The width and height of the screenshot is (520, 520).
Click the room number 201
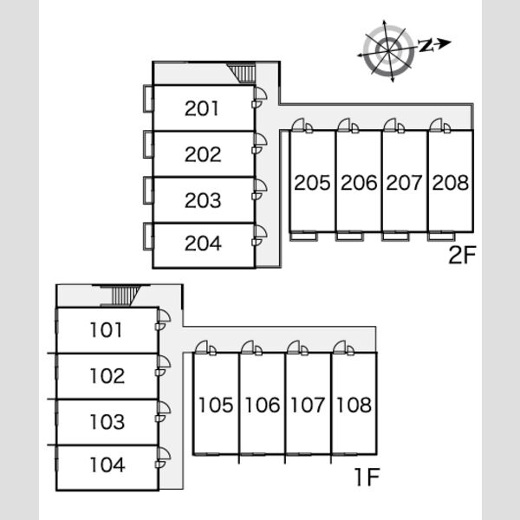pyautogui.click(x=202, y=108)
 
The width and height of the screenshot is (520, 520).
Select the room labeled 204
pyautogui.click(x=203, y=244)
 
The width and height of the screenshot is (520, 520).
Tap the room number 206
pyautogui.click(x=359, y=183)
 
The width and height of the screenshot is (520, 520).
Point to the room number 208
pyautogui.click(x=451, y=183)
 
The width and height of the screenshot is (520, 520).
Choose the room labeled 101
pyautogui.click(x=106, y=330)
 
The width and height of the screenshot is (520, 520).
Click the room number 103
pyautogui.click(x=107, y=422)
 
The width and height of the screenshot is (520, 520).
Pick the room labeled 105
pyautogui.click(x=216, y=405)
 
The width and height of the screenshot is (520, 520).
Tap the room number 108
pyautogui.click(x=354, y=405)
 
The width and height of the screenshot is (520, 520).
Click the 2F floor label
pyautogui.click(x=462, y=255)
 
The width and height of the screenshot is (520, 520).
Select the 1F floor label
pyautogui.click(x=367, y=477)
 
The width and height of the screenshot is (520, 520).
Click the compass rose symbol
pyautogui.click(x=388, y=51)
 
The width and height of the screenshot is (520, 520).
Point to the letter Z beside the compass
pyautogui.click(x=426, y=45)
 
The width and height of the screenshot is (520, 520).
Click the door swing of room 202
pyautogui.click(x=261, y=140)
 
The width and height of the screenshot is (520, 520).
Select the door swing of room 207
pyautogui.click(x=390, y=125)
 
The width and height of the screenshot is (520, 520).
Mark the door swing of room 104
pyautogui.click(x=164, y=453)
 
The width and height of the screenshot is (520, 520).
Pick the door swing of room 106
pyautogui.click(x=248, y=347)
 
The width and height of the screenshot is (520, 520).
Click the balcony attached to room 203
pyautogui.click(x=148, y=191)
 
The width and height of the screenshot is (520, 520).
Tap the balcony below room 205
pyautogui.click(x=303, y=237)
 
